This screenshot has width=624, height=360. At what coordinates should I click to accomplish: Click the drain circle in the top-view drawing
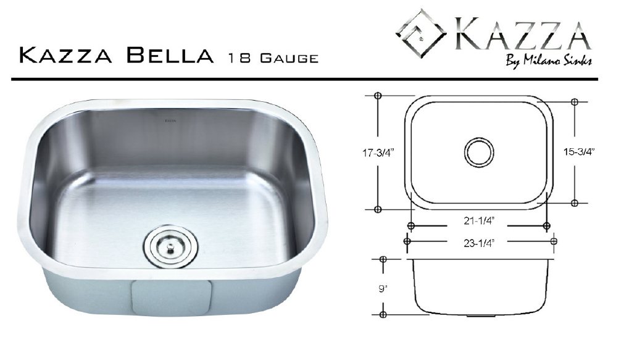point(479,151)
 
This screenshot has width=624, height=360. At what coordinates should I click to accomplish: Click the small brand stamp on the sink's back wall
point(170,120)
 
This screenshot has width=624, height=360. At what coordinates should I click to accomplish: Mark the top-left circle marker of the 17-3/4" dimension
point(377,96)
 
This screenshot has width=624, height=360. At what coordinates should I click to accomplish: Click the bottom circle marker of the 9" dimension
point(383,315)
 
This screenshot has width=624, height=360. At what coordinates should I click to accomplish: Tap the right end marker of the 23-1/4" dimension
point(554,241)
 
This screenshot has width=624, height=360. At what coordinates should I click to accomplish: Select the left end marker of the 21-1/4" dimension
point(410,225)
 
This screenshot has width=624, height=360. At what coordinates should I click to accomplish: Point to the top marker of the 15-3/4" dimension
point(575,101)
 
